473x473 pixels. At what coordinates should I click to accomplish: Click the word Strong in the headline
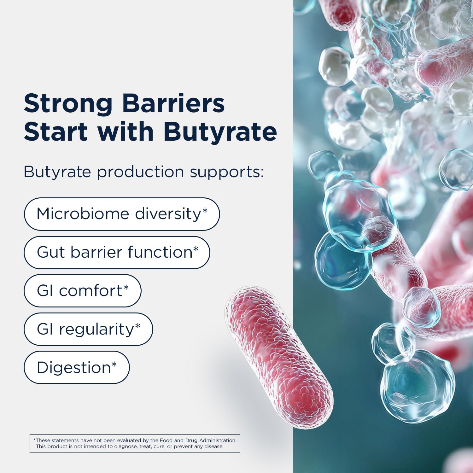pos(68,104)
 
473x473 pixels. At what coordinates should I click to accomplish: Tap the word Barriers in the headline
pos(173,103)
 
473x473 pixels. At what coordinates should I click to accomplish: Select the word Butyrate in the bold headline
pos(220,131)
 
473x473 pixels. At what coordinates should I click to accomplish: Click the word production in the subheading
pos(140,172)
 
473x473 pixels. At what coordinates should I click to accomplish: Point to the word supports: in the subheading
pos(227,172)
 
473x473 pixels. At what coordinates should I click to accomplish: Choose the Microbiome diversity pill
pos(122,214)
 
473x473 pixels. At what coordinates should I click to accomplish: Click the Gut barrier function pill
pos(117,253)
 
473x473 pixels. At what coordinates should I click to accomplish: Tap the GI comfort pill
pos(83,291)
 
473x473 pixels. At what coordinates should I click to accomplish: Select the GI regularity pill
pos(88,329)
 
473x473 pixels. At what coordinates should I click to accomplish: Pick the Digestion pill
pos(77,368)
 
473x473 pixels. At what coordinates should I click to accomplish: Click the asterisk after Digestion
pos(114,365)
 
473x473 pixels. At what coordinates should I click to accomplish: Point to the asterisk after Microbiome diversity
pos(205,211)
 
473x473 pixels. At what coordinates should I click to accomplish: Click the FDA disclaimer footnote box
pos(135,443)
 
